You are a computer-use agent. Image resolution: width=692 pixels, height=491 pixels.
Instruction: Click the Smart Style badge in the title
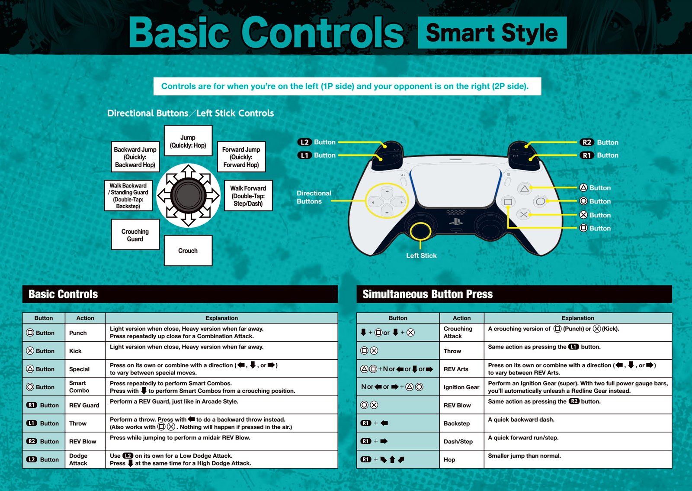(x=492, y=32)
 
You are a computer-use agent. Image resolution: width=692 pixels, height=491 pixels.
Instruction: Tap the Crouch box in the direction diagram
(x=188, y=250)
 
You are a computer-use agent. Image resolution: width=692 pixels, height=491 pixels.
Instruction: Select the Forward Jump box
(x=241, y=157)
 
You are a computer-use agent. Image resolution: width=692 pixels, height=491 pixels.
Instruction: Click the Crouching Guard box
(x=135, y=235)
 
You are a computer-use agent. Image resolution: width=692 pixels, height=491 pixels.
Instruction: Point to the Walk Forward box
(x=248, y=196)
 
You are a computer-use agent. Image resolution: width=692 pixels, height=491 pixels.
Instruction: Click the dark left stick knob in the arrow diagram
(x=188, y=195)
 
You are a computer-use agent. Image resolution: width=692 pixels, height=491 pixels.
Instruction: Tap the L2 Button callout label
(x=316, y=142)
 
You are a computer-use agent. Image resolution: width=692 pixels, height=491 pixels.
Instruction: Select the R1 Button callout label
(x=599, y=155)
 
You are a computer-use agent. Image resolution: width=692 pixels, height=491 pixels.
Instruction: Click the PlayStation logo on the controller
(x=456, y=222)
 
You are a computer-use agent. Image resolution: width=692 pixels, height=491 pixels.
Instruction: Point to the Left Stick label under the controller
(x=421, y=256)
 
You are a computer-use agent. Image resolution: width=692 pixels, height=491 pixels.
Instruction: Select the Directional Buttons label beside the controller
(x=314, y=197)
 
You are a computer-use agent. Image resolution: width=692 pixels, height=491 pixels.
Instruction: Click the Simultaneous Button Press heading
(x=428, y=294)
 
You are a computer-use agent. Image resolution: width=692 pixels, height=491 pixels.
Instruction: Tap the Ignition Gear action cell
(x=461, y=387)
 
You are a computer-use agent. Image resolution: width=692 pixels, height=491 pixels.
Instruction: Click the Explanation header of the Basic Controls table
(x=221, y=318)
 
